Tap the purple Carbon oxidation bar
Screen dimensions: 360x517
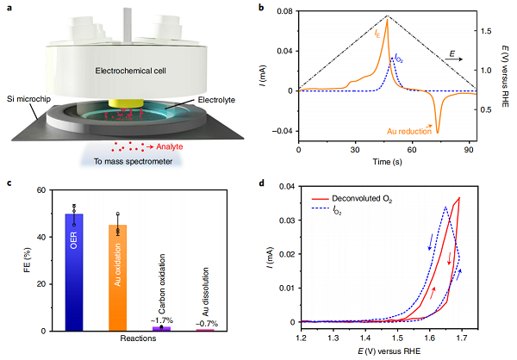coord(162,328)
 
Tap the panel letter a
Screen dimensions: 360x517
coord(7,7)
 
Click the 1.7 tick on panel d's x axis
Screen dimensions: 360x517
coord(471,337)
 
